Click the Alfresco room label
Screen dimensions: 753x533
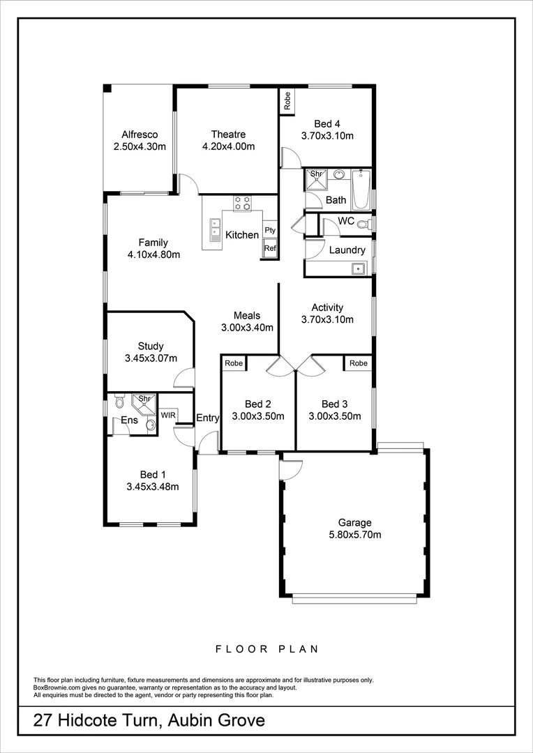140,135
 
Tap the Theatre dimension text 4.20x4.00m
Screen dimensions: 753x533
228,146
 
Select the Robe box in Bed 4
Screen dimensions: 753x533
287,100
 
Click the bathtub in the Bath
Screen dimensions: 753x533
361,190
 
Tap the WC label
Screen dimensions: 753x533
346,221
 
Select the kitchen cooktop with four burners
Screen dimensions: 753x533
242,202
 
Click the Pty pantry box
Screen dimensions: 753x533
270,230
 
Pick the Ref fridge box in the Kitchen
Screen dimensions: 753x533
270,248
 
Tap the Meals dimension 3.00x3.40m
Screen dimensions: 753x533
247,327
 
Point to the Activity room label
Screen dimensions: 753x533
327,307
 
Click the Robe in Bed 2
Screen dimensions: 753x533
234,363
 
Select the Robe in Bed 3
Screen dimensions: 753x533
359,363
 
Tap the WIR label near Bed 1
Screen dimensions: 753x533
168,415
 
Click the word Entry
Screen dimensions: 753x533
208,418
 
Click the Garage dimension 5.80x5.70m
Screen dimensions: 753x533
355,535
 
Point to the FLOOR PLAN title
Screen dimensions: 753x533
266,649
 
